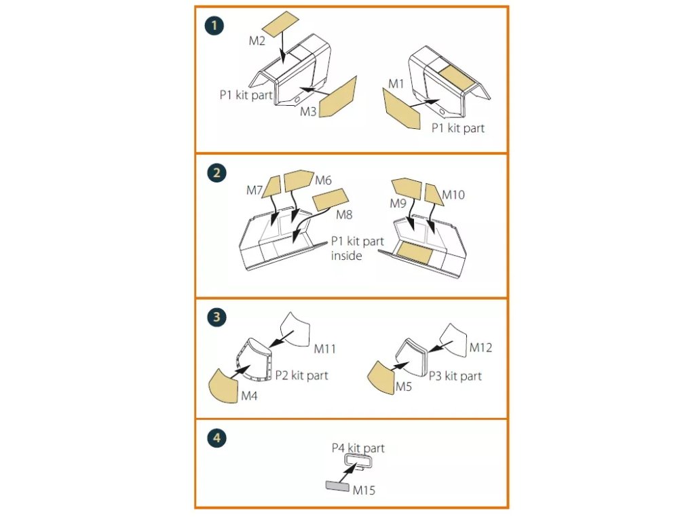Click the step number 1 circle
click(214, 27)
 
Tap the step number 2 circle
click(215, 172)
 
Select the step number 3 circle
click(215, 317)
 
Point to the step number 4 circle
click(215, 438)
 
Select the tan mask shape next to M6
click(297, 180)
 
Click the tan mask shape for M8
click(330, 200)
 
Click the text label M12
click(481, 348)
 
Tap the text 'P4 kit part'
click(358, 448)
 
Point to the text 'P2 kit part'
click(301, 375)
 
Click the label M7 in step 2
click(255, 191)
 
